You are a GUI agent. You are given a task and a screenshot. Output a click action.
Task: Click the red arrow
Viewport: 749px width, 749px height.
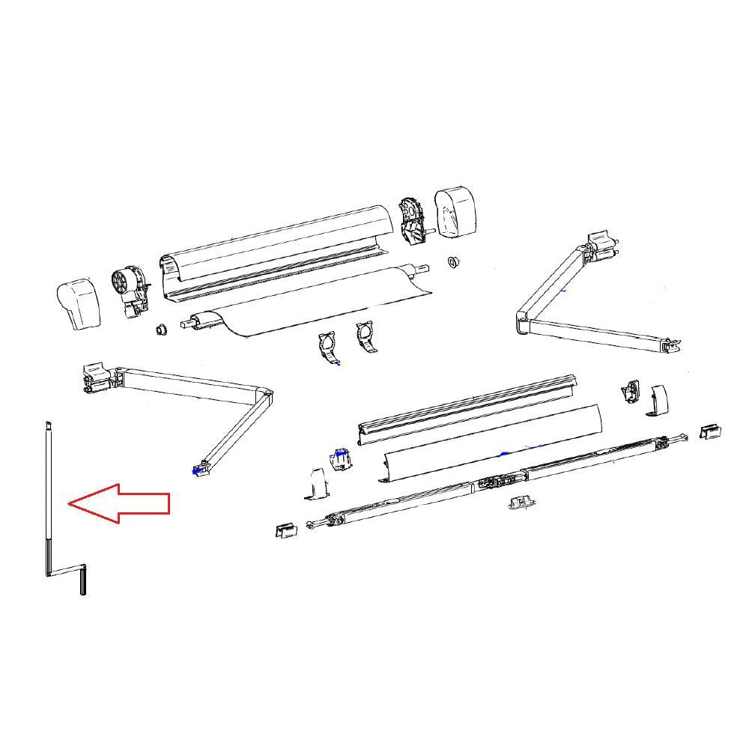coord(120,503)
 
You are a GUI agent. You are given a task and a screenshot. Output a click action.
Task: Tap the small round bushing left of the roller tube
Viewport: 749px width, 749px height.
coord(160,330)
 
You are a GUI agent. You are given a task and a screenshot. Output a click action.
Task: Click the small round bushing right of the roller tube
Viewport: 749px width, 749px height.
coord(452,261)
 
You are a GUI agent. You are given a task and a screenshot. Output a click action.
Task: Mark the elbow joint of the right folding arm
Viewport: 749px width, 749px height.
coord(522,324)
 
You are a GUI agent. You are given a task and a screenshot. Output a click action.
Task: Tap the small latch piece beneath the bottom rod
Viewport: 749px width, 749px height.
coord(520,503)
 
